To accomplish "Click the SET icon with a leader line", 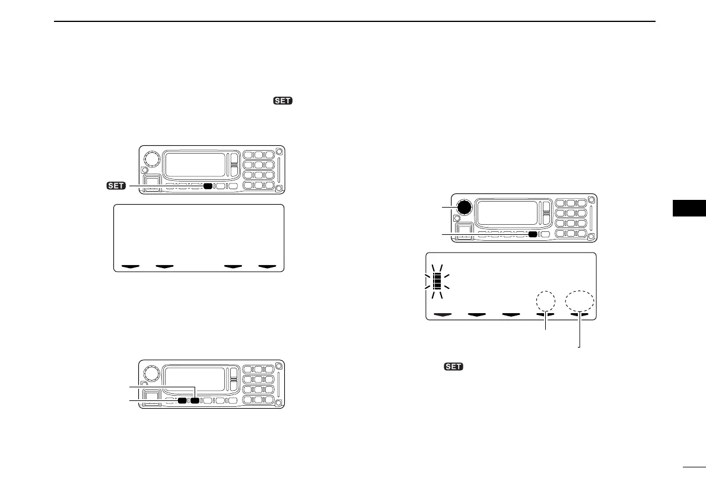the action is coord(116,186).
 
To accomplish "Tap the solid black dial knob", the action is coord(465,207).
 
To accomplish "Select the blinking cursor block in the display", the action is coord(437,279).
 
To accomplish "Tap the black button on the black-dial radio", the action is coord(533,234).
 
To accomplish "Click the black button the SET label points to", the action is coord(207,186).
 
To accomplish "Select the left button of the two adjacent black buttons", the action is coord(182,401).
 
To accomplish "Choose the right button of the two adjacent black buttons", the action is coord(195,401).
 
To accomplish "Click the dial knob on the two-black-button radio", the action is coord(152,373).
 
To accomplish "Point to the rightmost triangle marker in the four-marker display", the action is coord(270,267).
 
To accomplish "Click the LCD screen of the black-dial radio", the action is coord(506,211).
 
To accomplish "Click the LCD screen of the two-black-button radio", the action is coord(193,378).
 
